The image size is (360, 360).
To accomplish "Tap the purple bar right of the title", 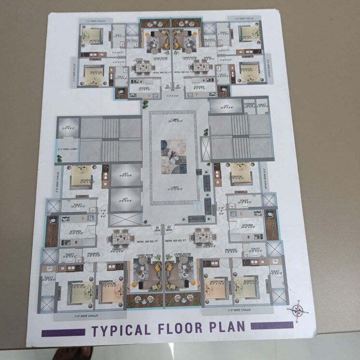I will click(272, 326).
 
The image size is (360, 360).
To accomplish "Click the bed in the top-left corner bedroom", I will click(91, 35).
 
